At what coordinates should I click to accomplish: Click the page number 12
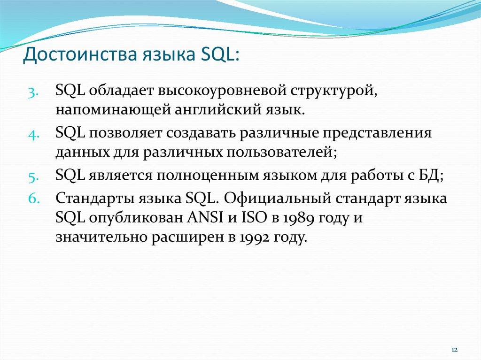tap(455, 350)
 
